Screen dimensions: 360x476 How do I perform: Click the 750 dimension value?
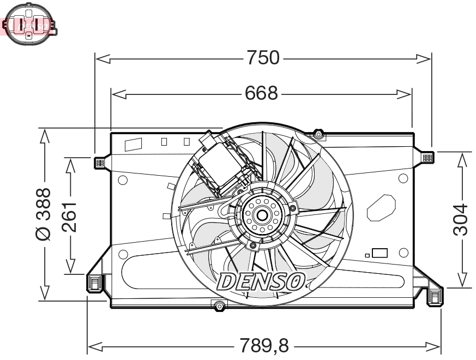(263, 57)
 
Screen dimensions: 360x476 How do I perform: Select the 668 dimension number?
(261, 94)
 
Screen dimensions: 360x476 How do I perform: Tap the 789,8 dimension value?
(263, 345)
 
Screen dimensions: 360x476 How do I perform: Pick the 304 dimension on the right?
(461, 219)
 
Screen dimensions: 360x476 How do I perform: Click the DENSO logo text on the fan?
(261, 281)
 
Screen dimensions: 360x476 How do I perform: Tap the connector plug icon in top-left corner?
(28, 24)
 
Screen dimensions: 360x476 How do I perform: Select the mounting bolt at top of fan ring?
(319, 134)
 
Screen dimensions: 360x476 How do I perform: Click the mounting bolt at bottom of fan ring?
(219, 306)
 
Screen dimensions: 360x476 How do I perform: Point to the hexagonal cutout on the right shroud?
(381, 207)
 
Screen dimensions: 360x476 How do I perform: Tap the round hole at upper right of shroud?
(403, 178)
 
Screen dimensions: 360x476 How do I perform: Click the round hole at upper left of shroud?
(123, 180)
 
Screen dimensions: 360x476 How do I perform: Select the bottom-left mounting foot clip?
(95, 281)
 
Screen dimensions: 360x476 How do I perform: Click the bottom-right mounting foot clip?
(435, 297)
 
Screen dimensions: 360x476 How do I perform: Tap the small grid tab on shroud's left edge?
(99, 162)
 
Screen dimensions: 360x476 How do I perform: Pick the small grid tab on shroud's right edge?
(427, 158)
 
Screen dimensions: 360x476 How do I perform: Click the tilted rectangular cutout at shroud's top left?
(133, 145)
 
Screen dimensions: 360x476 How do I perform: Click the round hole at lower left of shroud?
(123, 254)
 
